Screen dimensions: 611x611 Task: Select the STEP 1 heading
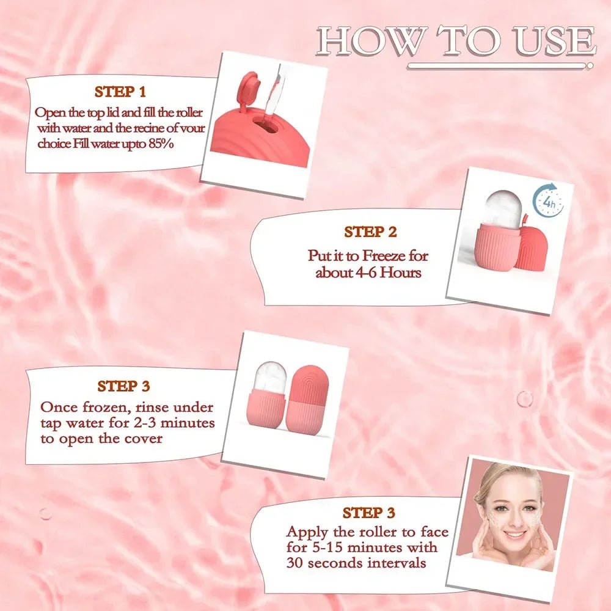(x=120, y=92)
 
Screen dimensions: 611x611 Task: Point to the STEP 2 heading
(x=370, y=232)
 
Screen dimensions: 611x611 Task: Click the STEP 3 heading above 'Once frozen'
(x=123, y=386)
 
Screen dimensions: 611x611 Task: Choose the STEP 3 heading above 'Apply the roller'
(x=368, y=513)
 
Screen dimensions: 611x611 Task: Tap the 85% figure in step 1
(x=161, y=144)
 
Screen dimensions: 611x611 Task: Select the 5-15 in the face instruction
(x=327, y=547)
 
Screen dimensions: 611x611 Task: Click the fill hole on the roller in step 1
(x=265, y=125)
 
